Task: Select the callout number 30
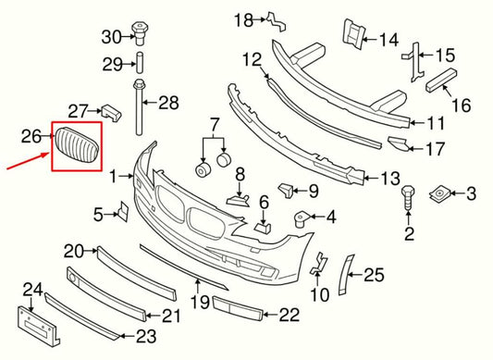(x=111, y=37)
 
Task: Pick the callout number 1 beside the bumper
(x=113, y=174)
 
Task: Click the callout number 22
(x=289, y=316)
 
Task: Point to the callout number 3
(x=470, y=193)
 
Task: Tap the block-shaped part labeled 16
(x=441, y=81)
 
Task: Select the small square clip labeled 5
(x=120, y=214)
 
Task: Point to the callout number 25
(x=374, y=273)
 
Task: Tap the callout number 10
(x=319, y=295)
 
